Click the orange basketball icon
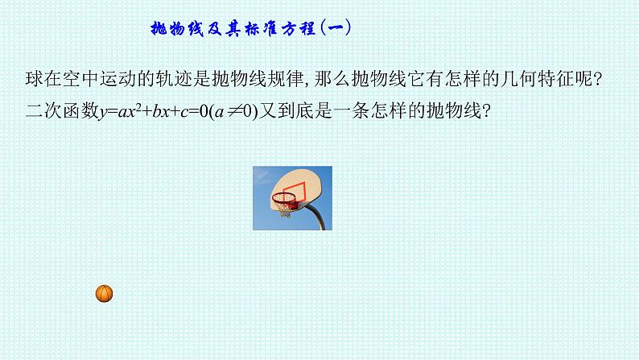pos(104,293)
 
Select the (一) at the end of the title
pos(336,29)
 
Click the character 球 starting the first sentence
pos(33,78)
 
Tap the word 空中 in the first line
pos(72,78)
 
